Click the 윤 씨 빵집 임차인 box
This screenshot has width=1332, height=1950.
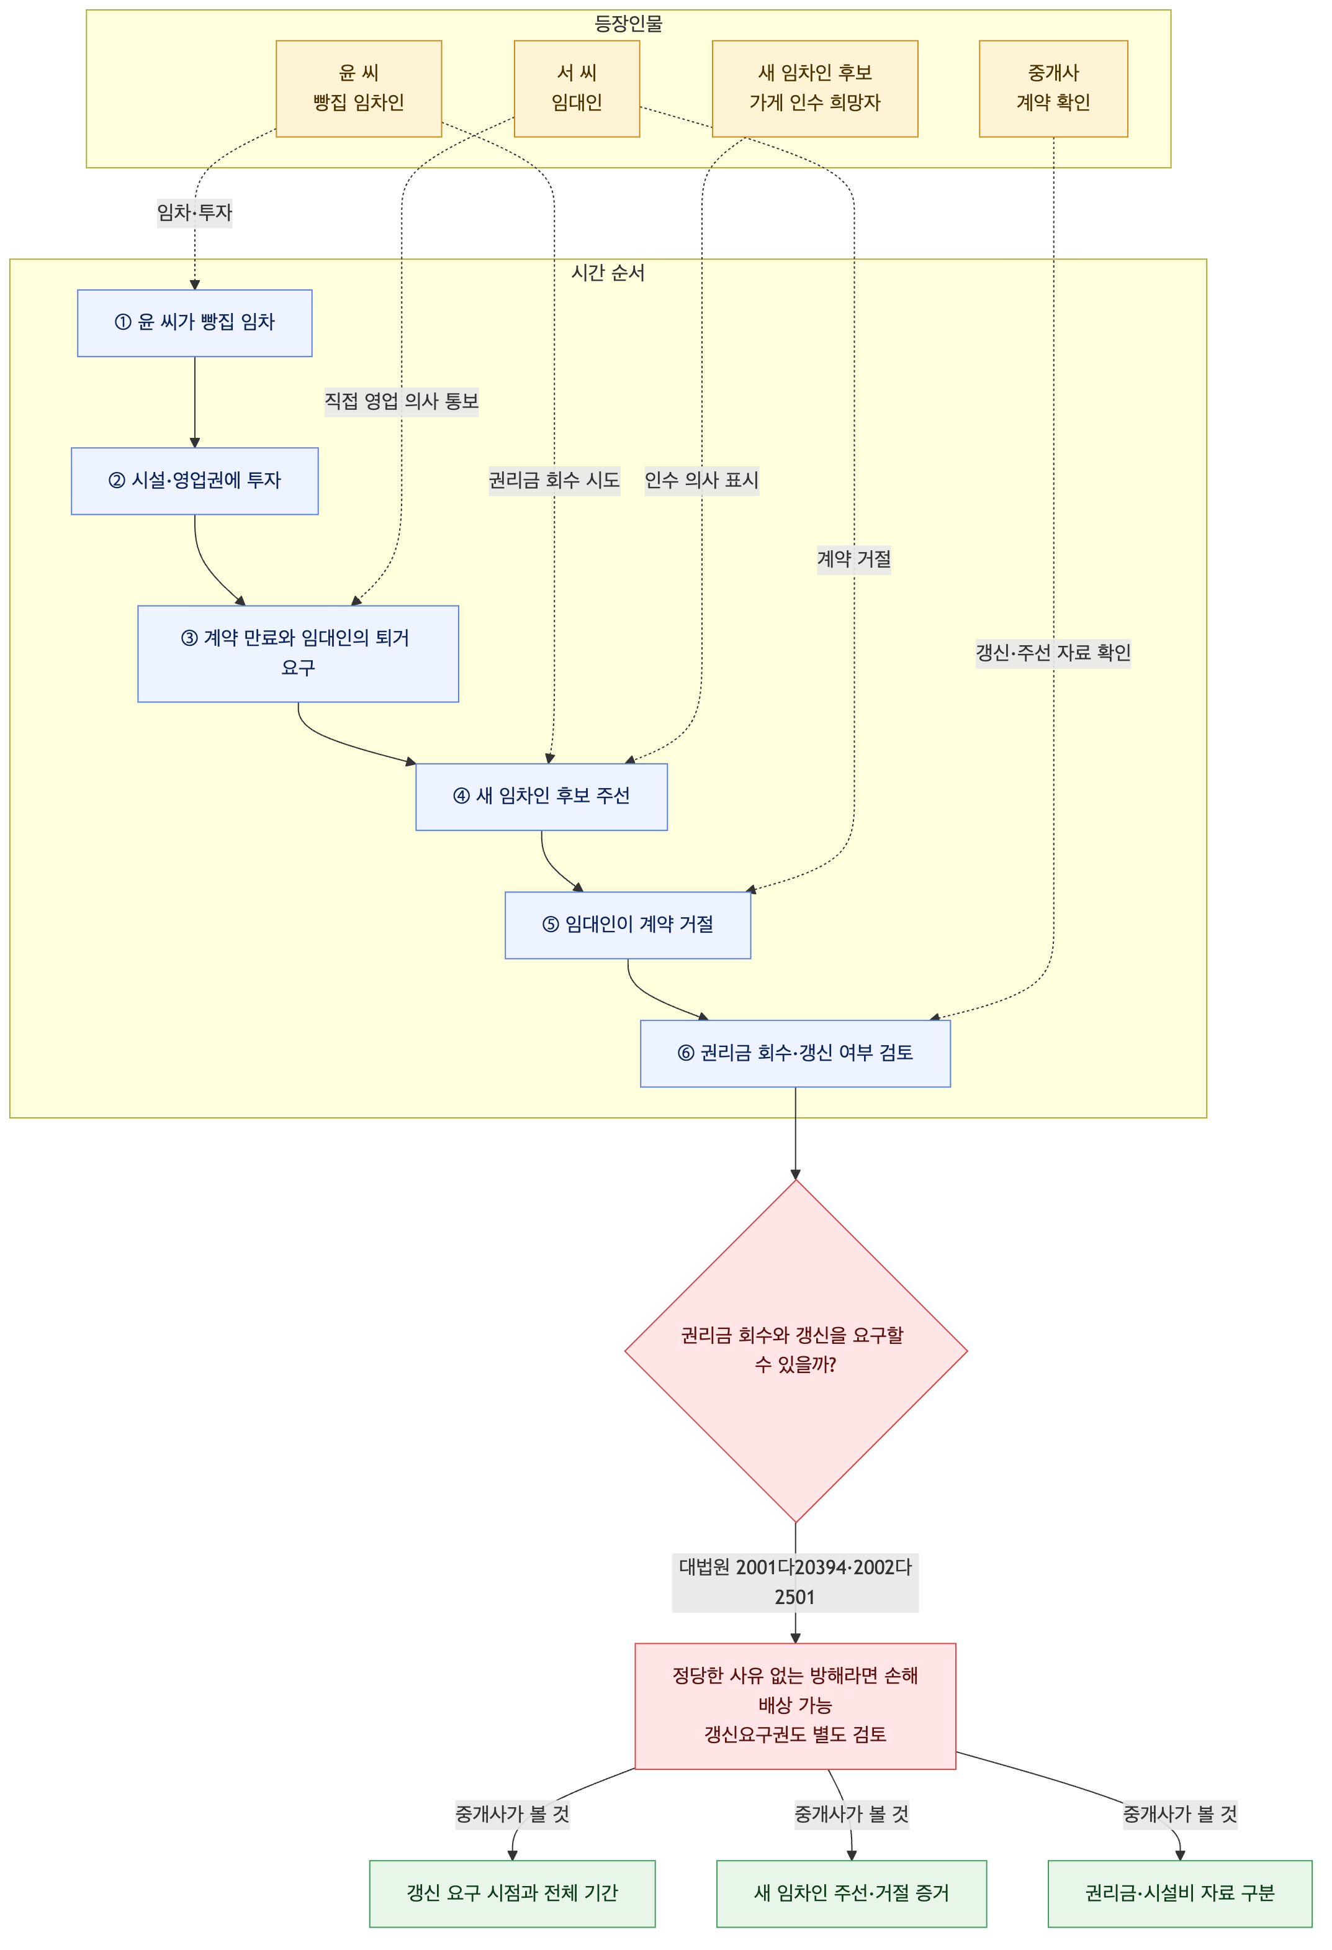pyautogui.click(x=359, y=88)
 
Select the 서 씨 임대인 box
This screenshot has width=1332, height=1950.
pyautogui.click(x=577, y=88)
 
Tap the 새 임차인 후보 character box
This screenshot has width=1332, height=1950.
pyautogui.click(x=816, y=88)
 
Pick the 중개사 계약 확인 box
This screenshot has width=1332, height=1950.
pyautogui.click(x=1053, y=88)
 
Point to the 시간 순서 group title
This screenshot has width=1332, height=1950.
pyautogui.click(x=608, y=273)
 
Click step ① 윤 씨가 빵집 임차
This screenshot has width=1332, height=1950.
pyautogui.click(x=195, y=323)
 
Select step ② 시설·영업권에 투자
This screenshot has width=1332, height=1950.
pyautogui.click(x=195, y=481)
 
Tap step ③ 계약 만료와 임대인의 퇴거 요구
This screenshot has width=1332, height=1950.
pyautogui.click(x=298, y=654)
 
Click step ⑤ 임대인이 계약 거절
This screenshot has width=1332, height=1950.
pyautogui.click(x=628, y=925)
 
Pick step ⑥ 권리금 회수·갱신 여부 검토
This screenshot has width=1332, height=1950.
pyautogui.click(x=795, y=1054)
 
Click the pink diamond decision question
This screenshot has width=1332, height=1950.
pyautogui.click(x=796, y=1351)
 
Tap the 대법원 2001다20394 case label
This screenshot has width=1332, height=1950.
pyautogui.click(x=795, y=1582)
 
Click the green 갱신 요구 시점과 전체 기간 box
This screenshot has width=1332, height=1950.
pyautogui.click(x=513, y=1893)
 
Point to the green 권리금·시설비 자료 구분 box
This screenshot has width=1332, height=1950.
pyautogui.click(x=1180, y=1893)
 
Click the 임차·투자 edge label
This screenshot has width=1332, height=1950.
pyautogui.click(x=195, y=212)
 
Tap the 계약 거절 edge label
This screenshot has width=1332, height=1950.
pyautogui.click(x=854, y=559)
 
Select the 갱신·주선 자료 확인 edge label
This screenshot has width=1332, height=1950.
pyautogui.click(x=1053, y=652)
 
